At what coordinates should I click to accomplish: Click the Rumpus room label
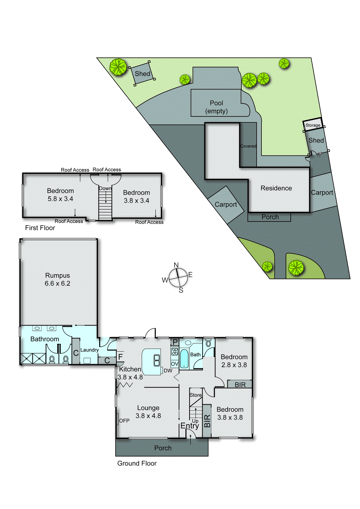coord(57,275)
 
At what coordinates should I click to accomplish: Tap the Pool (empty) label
coord(217,107)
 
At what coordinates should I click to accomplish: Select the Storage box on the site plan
coord(313,125)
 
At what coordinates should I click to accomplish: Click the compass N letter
coord(176,265)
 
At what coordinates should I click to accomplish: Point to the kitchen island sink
coord(157,360)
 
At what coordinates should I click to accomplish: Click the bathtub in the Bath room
coord(184,359)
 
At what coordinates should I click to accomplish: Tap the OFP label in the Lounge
coord(124,421)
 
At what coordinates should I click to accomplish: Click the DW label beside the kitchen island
coord(168,371)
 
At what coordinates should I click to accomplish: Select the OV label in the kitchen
coord(175,364)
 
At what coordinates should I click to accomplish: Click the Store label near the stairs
coord(196,395)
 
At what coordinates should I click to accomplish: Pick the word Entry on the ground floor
coord(190,426)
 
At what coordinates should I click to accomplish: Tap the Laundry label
coord(89,350)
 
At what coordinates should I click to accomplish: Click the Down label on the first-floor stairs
coord(105,188)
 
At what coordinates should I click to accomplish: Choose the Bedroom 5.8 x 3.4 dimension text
coord(60,199)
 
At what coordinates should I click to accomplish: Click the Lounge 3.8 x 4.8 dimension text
coord(148,416)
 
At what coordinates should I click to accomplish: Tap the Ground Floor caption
coord(137,464)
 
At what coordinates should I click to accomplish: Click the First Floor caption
coord(40,228)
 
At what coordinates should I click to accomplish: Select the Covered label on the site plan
coord(248,146)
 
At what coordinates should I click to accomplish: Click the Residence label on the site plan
coord(276,188)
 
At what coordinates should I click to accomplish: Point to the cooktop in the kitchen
coord(175,351)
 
